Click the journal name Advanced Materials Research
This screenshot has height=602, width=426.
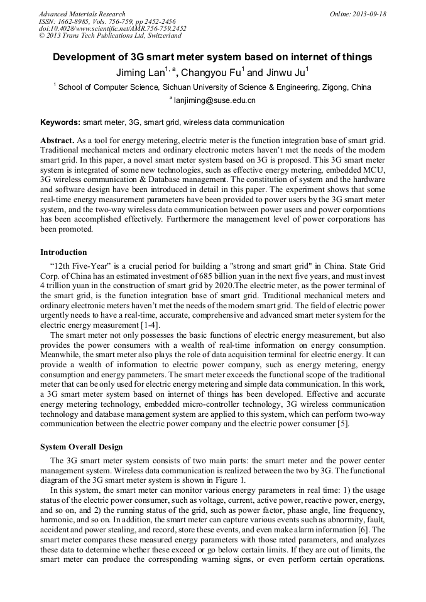coord(82,14)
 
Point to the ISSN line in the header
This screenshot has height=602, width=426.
coord(107,21)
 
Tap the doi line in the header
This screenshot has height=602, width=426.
coord(112,28)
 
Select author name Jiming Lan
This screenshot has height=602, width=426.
coord(139,72)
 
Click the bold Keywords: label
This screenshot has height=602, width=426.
coord(60,122)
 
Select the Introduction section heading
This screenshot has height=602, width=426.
coord(63,252)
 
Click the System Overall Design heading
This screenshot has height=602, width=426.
coord(82,447)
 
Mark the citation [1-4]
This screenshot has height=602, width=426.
coord(148,325)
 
